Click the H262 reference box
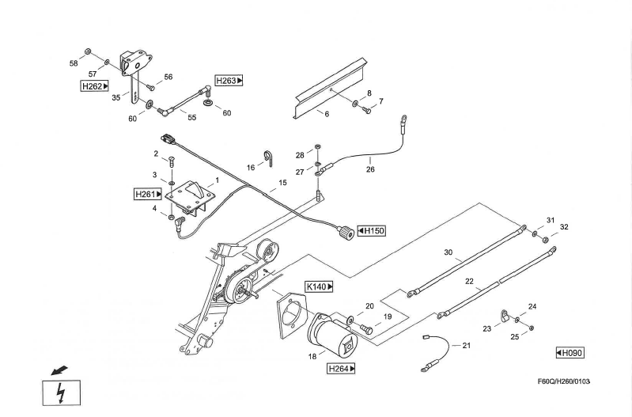point(94,85)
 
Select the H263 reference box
point(229,81)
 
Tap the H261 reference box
point(147,193)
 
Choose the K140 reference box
point(319,286)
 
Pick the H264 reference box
point(341,368)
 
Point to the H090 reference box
point(569,352)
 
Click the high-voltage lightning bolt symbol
point(60,393)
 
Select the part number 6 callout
point(326,114)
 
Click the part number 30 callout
point(448,253)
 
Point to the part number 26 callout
point(369,169)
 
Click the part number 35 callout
point(115,98)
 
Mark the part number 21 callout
point(466,345)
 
